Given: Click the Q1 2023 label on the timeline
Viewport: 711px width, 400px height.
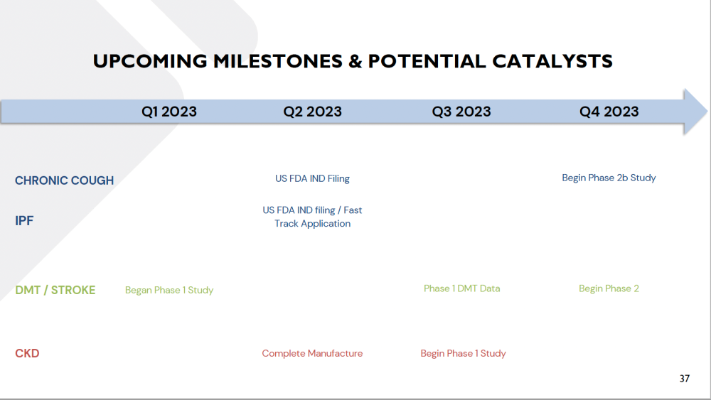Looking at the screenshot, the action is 169,112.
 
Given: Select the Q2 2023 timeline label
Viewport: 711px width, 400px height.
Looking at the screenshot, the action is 312,112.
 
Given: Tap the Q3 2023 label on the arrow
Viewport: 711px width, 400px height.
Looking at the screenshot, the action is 461,112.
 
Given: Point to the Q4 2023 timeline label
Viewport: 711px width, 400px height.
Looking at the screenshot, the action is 609,112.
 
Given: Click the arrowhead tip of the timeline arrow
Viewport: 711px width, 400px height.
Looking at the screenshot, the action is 707,112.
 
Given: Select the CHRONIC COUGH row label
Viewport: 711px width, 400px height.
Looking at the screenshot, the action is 65,180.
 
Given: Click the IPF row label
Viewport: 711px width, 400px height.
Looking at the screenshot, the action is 24,221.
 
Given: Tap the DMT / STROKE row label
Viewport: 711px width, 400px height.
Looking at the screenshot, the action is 55,290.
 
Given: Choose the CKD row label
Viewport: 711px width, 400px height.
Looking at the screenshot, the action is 27,353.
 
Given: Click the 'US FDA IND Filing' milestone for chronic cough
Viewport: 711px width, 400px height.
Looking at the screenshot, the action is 312,178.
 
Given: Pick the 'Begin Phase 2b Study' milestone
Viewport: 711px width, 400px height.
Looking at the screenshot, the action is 609,178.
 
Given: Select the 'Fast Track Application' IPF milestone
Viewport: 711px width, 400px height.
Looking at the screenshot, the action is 312,217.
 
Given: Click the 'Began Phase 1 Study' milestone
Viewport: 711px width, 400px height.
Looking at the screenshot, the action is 169,290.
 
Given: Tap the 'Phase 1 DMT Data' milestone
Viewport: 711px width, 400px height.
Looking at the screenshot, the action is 461,288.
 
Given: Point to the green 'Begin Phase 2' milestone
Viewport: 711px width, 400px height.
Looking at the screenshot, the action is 609,288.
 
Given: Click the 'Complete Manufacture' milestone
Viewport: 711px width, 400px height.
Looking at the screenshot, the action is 312,353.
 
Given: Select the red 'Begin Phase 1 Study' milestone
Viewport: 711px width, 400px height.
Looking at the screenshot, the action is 463,353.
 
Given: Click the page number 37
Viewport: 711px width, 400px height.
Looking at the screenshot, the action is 685,378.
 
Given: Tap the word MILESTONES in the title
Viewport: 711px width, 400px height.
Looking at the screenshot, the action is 278,61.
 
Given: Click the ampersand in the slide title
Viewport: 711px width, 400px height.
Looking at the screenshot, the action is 355,61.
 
